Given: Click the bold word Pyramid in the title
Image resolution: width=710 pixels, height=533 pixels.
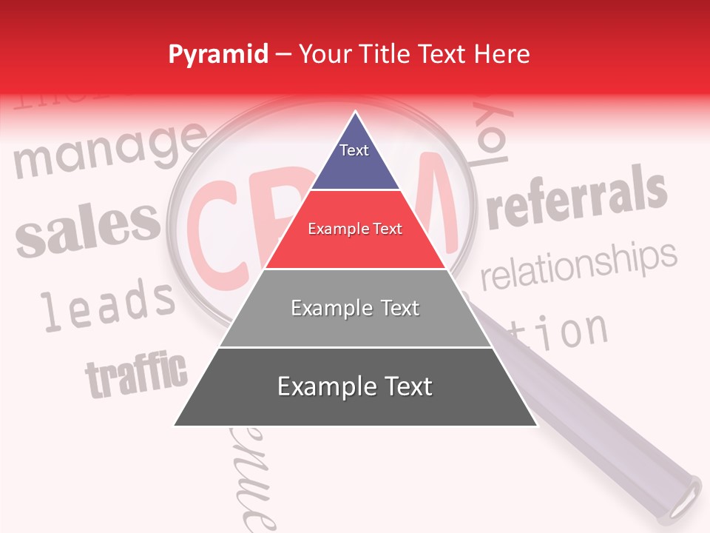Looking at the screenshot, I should (x=218, y=55).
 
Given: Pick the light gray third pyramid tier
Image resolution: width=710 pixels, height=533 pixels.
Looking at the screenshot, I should (x=355, y=308).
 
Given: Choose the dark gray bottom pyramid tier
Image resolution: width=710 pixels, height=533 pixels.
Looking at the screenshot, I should (x=355, y=386).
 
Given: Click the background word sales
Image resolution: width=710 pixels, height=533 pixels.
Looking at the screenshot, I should (x=87, y=227).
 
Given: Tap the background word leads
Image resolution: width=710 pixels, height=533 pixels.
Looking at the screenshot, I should (x=107, y=304).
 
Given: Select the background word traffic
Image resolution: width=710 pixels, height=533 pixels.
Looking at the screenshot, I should (x=137, y=374).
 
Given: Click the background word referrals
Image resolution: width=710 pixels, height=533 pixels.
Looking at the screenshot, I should (x=577, y=198).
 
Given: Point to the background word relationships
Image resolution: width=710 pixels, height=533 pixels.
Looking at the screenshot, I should (x=578, y=265).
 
